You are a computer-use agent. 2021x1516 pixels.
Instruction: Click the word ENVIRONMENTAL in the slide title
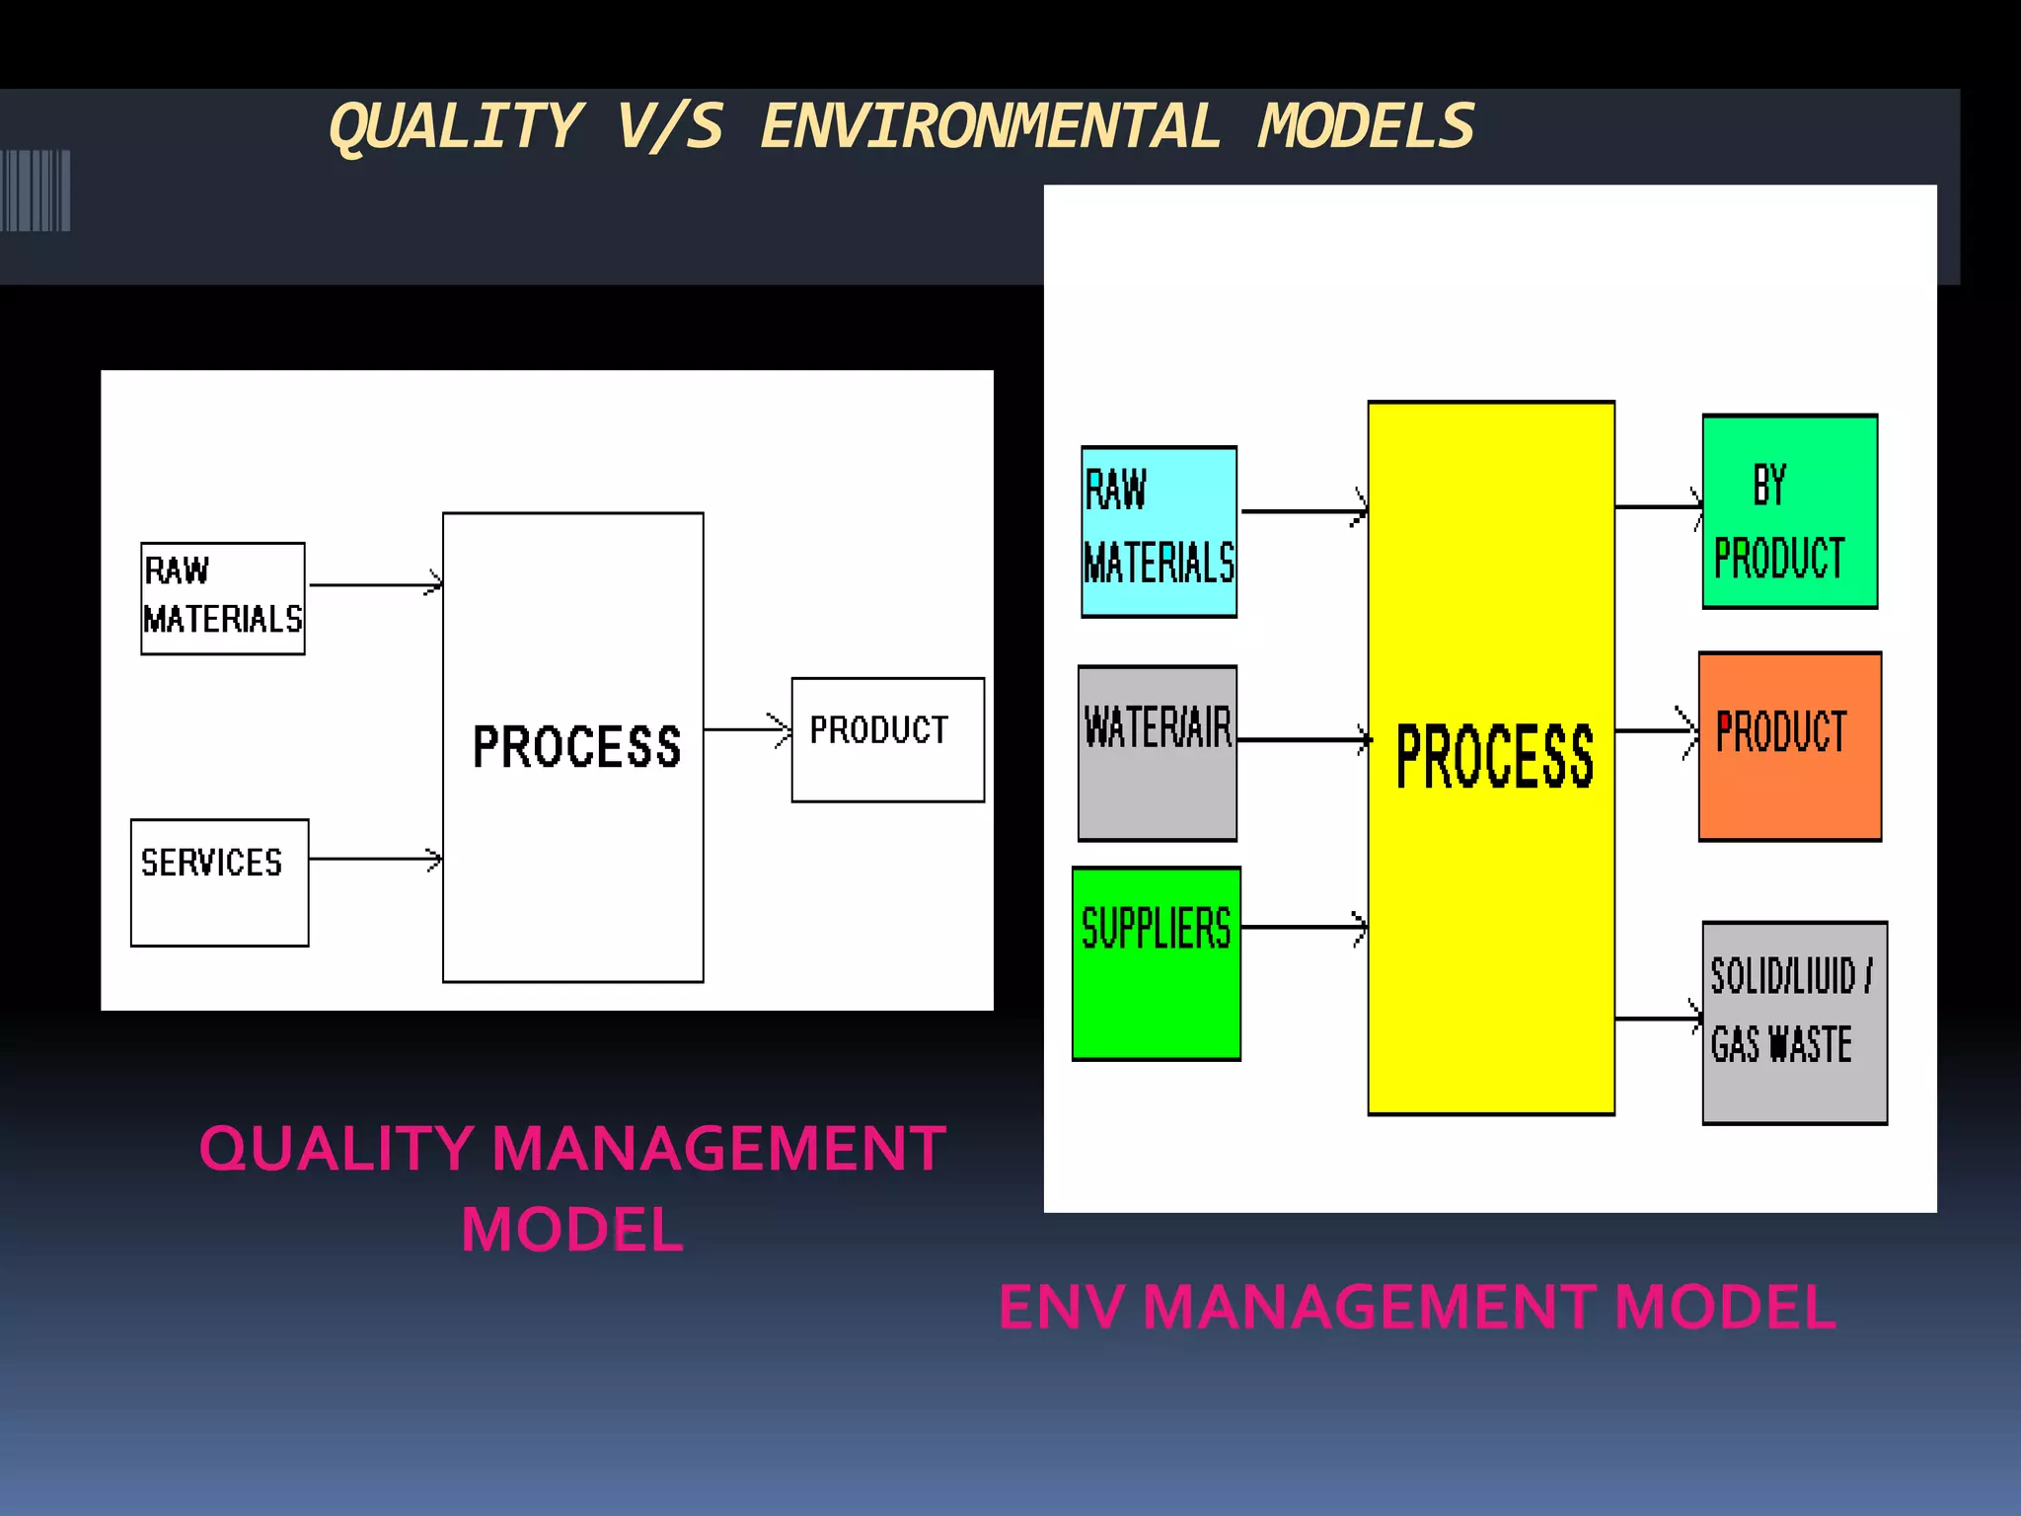click(990, 127)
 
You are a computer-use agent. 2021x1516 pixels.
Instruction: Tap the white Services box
click(219, 882)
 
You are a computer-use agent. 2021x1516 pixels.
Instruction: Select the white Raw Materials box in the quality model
click(223, 598)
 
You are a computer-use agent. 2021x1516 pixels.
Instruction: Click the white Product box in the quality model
click(887, 739)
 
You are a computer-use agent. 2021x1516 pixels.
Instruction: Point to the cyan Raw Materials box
click(1159, 532)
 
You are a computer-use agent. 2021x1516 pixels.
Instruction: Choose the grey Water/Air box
click(1157, 753)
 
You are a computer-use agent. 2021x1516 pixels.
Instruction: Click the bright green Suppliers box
click(1156, 963)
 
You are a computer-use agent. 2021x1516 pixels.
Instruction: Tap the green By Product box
click(1789, 511)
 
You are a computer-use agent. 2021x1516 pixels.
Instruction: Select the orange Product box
click(1789, 746)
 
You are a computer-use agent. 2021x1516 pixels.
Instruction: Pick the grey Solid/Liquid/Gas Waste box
click(1794, 1023)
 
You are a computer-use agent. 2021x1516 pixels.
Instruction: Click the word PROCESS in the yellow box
click(1494, 757)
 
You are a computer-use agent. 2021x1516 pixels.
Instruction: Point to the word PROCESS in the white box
click(576, 746)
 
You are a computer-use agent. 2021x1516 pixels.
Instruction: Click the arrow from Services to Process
click(375, 859)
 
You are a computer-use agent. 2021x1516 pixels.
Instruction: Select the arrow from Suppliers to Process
click(1303, 927)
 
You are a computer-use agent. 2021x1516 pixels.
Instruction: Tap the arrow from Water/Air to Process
click(1303, 738)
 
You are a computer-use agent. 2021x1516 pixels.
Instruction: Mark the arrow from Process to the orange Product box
click(1656, 731)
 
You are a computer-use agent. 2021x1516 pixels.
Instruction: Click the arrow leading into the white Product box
click(747, 729)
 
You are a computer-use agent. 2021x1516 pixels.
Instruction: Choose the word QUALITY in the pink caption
click(336, 1149)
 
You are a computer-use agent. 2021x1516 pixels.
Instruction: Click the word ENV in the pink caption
click(1061, 1307)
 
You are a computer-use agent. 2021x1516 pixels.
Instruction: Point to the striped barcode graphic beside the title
click(36, 190)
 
